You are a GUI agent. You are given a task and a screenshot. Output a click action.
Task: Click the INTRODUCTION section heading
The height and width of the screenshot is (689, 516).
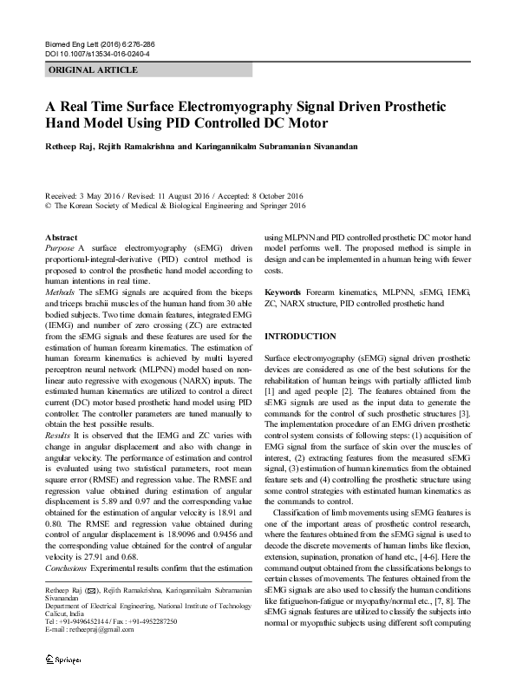(300, 336)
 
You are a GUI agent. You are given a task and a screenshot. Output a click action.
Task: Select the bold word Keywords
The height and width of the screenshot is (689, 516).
(283, 293)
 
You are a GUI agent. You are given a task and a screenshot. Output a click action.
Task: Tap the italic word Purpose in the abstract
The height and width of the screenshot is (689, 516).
(59, 248)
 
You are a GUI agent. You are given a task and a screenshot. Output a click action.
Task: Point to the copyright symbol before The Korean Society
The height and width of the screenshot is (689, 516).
(48, 207)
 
